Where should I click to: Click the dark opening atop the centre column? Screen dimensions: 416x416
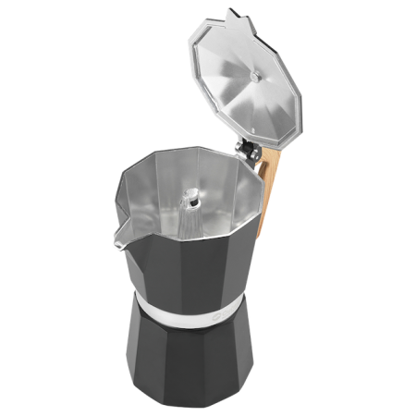pos(192,196)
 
